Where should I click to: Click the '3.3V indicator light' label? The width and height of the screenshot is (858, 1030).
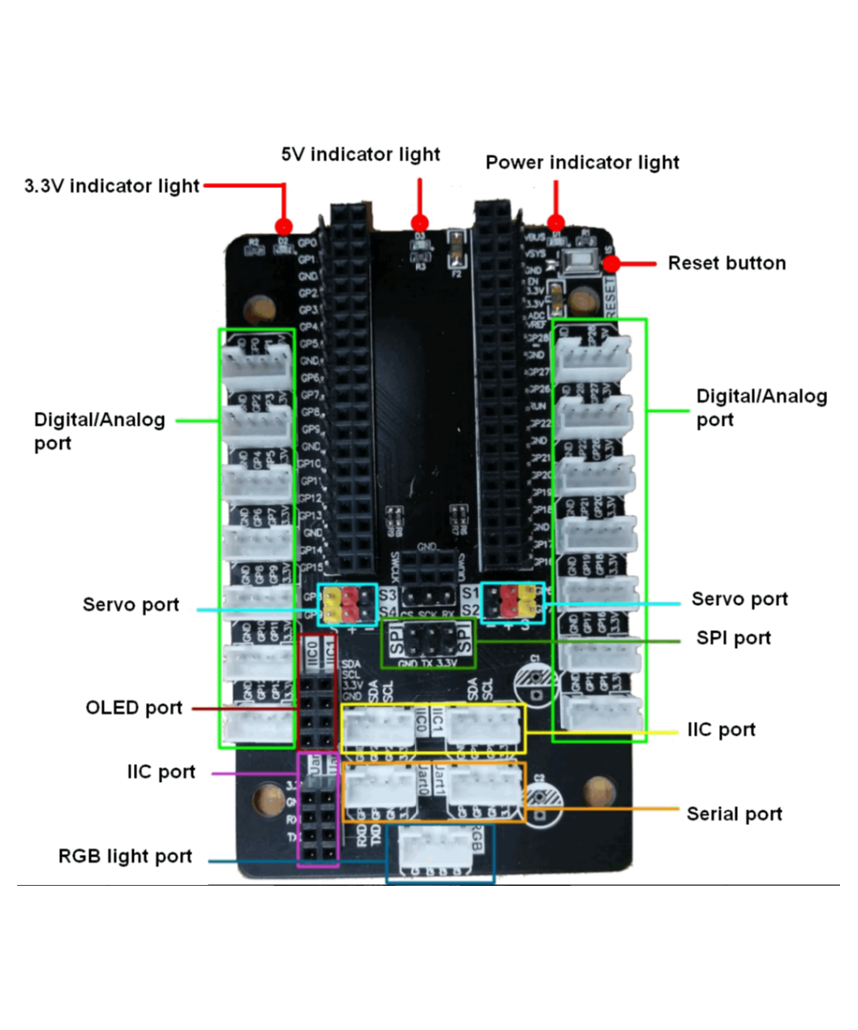112,185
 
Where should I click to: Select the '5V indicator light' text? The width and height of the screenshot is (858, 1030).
360,154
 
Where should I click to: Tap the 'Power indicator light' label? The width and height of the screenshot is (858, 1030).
583,162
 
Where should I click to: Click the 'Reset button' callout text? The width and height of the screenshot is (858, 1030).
727,263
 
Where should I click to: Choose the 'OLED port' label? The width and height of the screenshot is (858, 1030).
134,708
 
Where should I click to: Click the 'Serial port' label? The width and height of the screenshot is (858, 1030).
734,813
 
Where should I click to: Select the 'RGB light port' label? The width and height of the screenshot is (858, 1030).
125,856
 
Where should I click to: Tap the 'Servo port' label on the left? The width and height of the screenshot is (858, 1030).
131,604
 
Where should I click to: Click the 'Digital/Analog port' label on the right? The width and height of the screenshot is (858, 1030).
762,408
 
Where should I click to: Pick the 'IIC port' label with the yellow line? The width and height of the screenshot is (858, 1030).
722,730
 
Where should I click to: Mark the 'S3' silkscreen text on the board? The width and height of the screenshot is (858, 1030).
388,594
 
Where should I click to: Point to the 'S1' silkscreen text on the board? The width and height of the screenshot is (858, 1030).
468,593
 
